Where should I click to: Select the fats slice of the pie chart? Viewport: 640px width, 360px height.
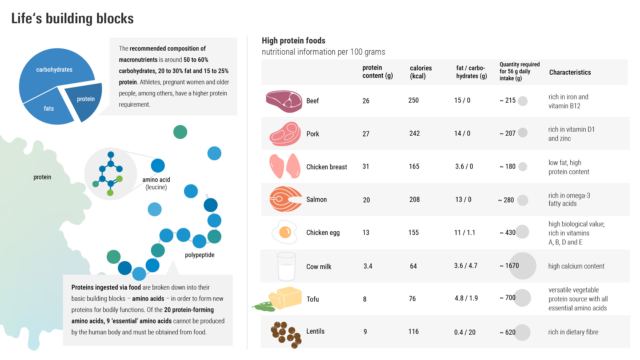tap(48, 108)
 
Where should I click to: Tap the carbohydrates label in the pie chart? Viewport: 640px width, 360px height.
tap(54, 70)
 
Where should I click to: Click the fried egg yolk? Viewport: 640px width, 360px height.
tap(285, 232)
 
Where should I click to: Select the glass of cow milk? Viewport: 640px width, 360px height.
tap(286, 267)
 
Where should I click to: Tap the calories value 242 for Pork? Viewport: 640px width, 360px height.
tap(414, 133)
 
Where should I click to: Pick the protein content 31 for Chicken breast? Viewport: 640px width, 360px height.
tap(366, 166)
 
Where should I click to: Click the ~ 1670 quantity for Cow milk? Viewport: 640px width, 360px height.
tap(509, 266)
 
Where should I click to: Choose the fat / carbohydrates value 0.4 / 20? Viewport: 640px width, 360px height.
tap(465, 332)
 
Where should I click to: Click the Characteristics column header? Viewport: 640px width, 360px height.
tap(570, 72)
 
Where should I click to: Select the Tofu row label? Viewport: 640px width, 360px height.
tap(312, 299)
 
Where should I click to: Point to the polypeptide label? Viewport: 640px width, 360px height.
tap(199, 255)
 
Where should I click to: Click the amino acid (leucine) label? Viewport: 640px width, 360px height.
tap(156, 183)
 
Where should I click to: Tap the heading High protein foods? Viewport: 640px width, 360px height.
tap(293, 41)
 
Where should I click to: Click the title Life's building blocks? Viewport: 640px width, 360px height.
tap(72, 19)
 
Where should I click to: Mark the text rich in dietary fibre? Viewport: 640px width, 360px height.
tap(573, 332)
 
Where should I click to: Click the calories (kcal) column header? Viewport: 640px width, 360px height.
tap(420, 72)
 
